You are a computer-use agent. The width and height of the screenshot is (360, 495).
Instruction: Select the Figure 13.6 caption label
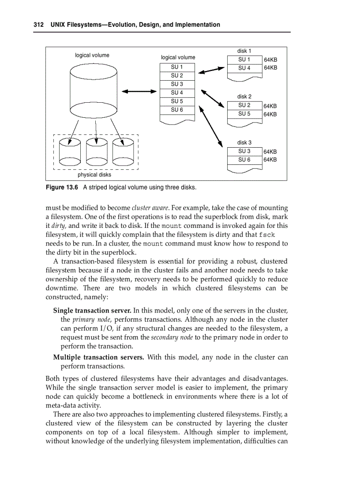coord(62,187)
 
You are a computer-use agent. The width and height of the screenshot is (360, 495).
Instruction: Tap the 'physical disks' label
coord(94,175)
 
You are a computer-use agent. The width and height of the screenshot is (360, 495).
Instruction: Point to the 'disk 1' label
coord(244,51)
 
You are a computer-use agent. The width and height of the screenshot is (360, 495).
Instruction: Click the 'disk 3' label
coord(244,142)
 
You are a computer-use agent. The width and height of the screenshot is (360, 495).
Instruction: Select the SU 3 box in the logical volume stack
coord(177,84)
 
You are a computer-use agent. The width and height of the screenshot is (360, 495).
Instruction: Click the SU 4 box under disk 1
coord(244,68)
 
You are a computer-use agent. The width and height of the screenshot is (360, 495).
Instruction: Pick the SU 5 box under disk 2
coord(244,114)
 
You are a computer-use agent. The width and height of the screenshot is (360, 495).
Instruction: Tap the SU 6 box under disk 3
coord(244,160)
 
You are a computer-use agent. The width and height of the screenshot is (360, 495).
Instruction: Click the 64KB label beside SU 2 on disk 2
coord(270,106)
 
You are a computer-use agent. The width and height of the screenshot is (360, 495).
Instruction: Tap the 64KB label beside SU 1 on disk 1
coord(270,60)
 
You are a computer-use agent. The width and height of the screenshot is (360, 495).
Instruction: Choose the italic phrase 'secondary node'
coord(172,337)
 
